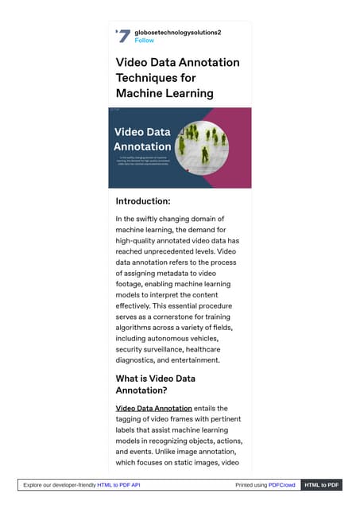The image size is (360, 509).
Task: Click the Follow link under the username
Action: (145, 40)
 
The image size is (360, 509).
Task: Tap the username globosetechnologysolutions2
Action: (177, 32)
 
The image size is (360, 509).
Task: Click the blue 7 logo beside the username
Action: (123, 36)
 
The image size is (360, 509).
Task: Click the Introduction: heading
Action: (154, 201)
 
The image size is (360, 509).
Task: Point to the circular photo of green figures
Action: (202, 147)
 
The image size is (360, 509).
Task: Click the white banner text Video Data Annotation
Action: (142, 138)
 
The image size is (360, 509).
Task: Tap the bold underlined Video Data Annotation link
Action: (154, 408)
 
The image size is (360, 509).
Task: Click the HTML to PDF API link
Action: (118, 485)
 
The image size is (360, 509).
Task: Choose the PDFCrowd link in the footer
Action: (281, 485)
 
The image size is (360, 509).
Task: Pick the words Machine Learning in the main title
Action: (165, 93)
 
